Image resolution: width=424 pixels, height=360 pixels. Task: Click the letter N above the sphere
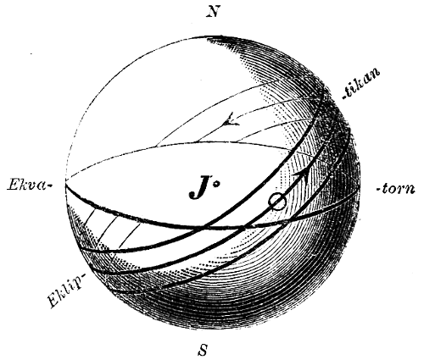(214, 12)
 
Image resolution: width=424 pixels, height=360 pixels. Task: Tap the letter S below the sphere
(203, 350)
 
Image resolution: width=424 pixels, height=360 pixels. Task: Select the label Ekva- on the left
(30, 186)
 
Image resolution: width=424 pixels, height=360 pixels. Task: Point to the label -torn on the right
(395, 189)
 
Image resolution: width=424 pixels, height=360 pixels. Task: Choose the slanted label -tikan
(361, 84)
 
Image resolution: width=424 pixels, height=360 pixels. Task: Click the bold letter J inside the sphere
(200, 188)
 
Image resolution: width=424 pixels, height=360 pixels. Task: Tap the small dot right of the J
(216, 185)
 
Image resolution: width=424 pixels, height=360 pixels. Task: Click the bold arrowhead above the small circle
(303, 175)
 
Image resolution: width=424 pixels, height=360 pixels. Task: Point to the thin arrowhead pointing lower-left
(231, 120)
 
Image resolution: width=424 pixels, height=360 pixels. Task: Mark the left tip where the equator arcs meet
(65, 184)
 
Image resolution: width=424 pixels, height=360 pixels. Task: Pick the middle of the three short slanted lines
(107, 231)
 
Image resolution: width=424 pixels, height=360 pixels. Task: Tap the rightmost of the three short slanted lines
(130, 236)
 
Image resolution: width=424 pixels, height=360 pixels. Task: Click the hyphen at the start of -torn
(379, 190)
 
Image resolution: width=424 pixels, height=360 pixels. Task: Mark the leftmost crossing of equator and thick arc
(205, 226)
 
